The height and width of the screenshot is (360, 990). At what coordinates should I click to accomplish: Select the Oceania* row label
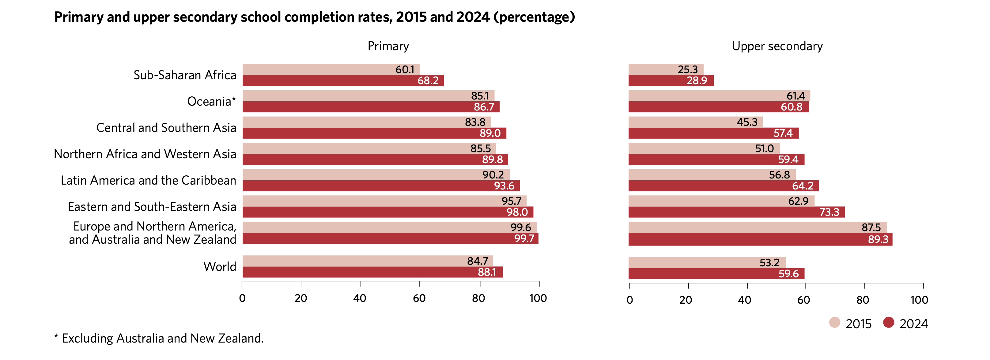click(x=211, y=101)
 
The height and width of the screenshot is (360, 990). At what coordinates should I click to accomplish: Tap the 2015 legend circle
click(x=834, y=322)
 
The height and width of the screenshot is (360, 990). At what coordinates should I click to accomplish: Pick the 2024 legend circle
click(x=889, y=322)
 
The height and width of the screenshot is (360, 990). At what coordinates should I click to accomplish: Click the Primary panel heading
click(x=388, y=46)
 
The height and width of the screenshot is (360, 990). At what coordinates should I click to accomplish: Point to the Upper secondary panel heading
click(x=777, y=46)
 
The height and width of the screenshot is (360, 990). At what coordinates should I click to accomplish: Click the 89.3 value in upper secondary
click(x=878, y=239)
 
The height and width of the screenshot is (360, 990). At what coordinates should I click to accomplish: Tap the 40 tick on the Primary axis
click(x=360, y=298)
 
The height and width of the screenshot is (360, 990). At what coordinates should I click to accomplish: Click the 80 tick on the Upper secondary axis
click(x=863, y=300)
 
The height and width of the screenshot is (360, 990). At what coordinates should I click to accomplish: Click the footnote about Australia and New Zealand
click(x=159, y=339)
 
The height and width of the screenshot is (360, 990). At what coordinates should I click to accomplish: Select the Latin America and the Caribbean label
click(x=148, y=181)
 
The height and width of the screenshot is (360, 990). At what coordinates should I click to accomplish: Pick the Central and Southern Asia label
click(x=166, y=128)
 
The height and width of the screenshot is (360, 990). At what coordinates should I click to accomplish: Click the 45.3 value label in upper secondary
click(x=747, y=122)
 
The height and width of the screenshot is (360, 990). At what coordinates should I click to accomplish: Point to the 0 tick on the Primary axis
click(x=242, y=298)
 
